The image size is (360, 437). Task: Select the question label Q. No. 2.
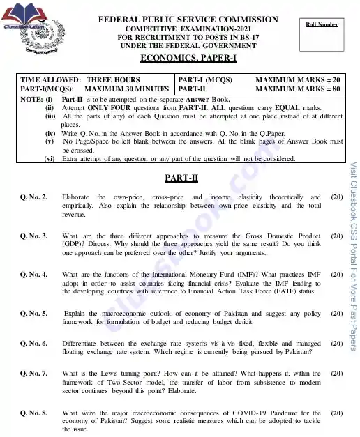pyautogui.click(x=34, y=198)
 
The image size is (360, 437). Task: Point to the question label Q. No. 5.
pyautogui.click(x=34, y=314)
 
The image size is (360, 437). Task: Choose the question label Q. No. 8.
pyautogui.click(x=34, y=413)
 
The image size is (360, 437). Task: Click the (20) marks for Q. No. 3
pyautogui.click(x=336, y=236)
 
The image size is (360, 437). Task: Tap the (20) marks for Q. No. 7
pyautogui.click(x=336, y=374)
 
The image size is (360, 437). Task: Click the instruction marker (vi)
pyautogui.click(x=50, y=159)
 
